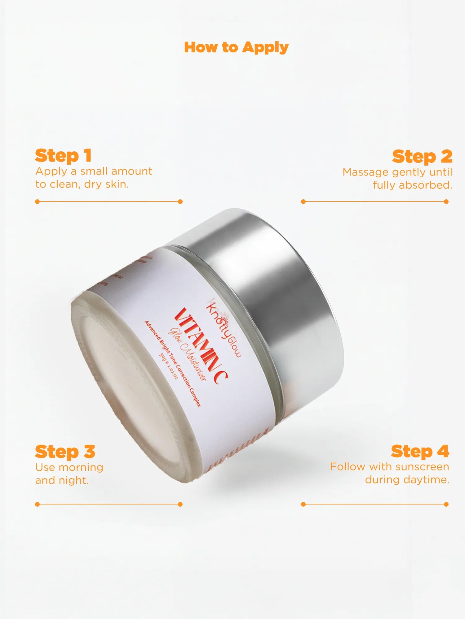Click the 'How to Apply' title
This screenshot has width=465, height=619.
(236, 47)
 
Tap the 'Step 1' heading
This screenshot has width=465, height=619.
(63, 155)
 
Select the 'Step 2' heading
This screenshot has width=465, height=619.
(422, 156)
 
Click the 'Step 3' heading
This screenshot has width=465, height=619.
(65, 452)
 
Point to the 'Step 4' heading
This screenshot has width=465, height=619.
(420, 451)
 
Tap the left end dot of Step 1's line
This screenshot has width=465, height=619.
(38, 201)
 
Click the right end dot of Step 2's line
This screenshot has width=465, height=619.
(446, 201)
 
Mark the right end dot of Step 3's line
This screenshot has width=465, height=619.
(180, 504)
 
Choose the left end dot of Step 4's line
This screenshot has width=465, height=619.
(303, 504)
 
